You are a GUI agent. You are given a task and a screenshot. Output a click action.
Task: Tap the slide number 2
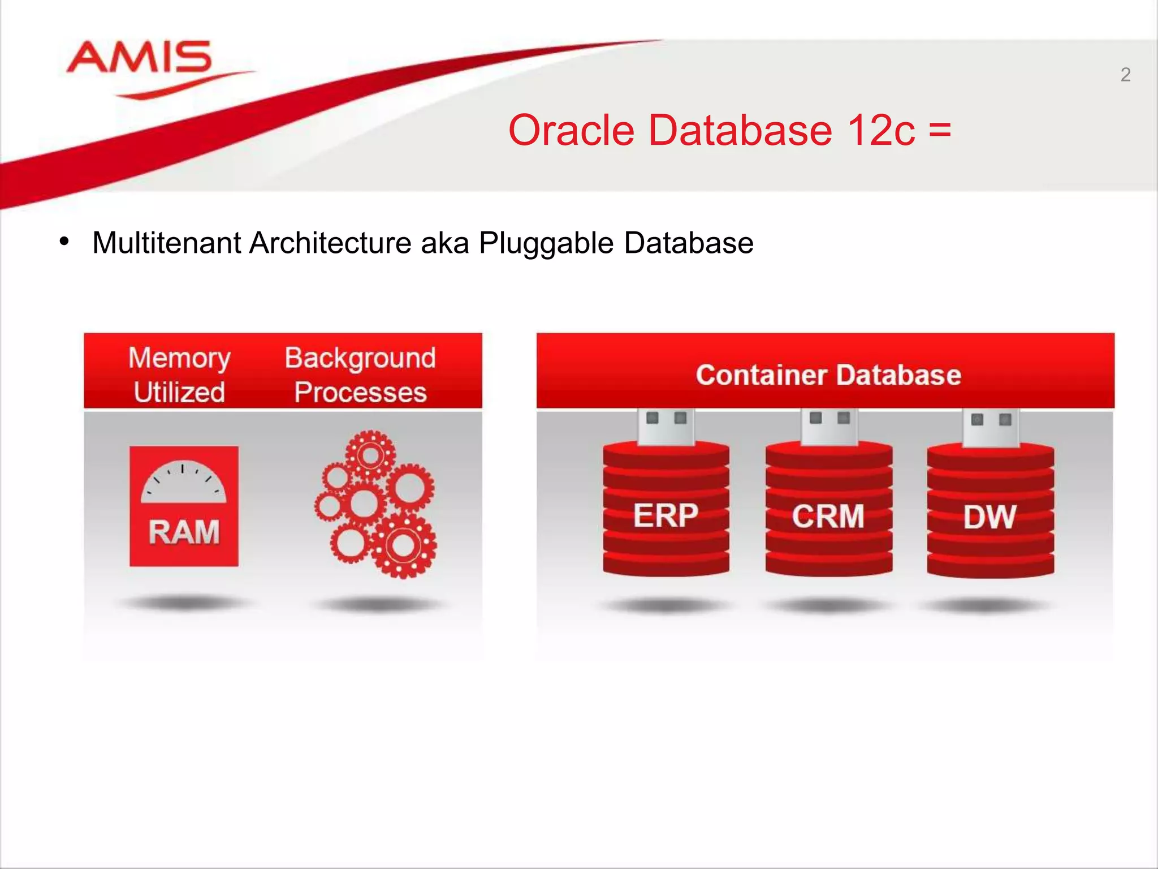pos(1125,75)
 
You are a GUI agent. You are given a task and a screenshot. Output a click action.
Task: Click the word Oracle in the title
pos(571,130)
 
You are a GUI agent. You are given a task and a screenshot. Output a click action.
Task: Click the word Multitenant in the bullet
pos(167,243)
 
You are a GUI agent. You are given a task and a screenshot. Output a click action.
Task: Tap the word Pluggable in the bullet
pos(546,243)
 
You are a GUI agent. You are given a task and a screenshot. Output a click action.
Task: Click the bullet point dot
pos(64,242)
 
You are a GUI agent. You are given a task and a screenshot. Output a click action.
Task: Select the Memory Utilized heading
pos(179,375)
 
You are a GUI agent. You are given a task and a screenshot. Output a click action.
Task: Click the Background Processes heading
pos(360,375)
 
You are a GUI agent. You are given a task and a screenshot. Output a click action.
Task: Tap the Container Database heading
pos(828,375)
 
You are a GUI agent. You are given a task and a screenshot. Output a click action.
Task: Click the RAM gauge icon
pos(184,506)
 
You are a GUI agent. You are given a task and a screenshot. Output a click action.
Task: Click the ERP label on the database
pos(666,515)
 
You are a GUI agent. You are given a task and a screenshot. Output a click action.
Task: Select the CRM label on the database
pos(828,517)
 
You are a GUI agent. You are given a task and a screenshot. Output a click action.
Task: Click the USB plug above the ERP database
pos(666,426)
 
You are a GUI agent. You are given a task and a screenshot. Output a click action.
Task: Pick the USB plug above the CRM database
pos(829,425)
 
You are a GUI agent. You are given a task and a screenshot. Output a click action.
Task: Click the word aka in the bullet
pos(445,243)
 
